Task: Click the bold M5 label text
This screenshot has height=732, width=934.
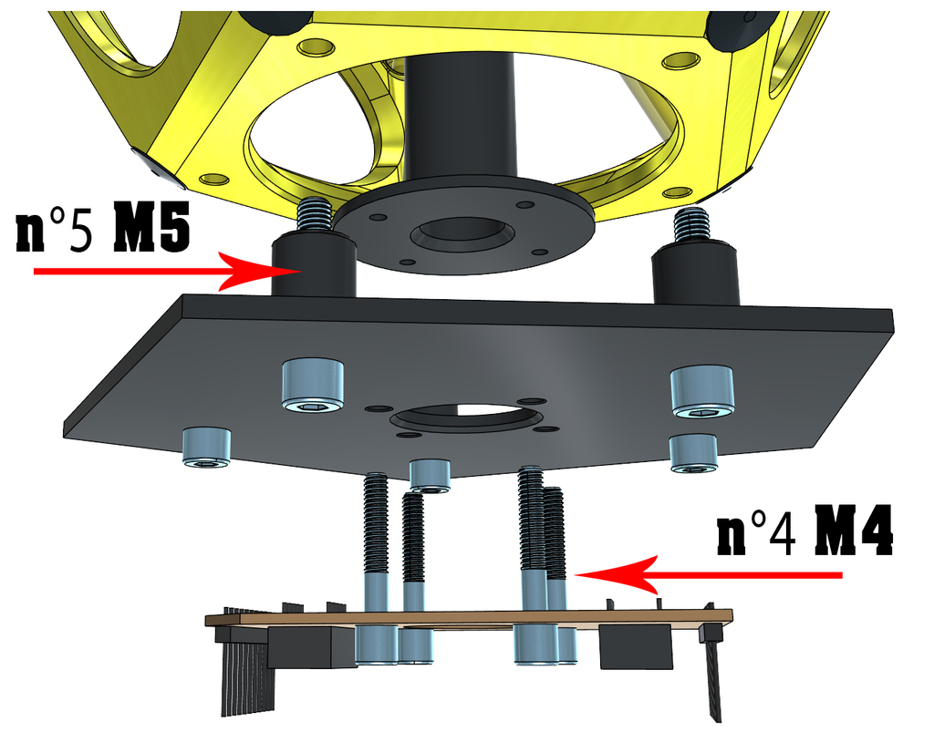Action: (x=151, y=227)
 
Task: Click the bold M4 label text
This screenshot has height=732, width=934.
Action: (x=854, y=531)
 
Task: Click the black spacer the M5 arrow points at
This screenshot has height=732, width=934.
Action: (x=314, y=265)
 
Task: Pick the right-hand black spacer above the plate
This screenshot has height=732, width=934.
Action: (x=696, y=273)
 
